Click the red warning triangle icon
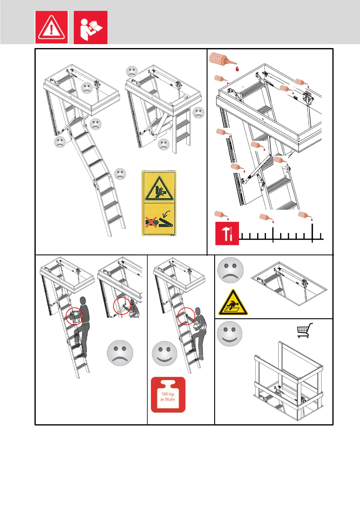tap(51, 28)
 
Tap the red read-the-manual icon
tap(90, 28)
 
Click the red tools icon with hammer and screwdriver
tap(227, 233)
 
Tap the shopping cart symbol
tap(304, 330)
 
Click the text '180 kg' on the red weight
tap(168, 394)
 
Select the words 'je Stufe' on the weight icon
tap(168, 399)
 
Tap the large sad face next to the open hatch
tap(231, 270)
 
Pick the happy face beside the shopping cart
tap(230, 334)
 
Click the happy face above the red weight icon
tap(165, 353)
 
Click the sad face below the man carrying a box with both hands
tap(120, 353)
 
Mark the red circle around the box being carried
tap(74, 316)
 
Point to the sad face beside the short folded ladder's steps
tap(198, 113)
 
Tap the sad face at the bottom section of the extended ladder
tap(120, 174)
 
